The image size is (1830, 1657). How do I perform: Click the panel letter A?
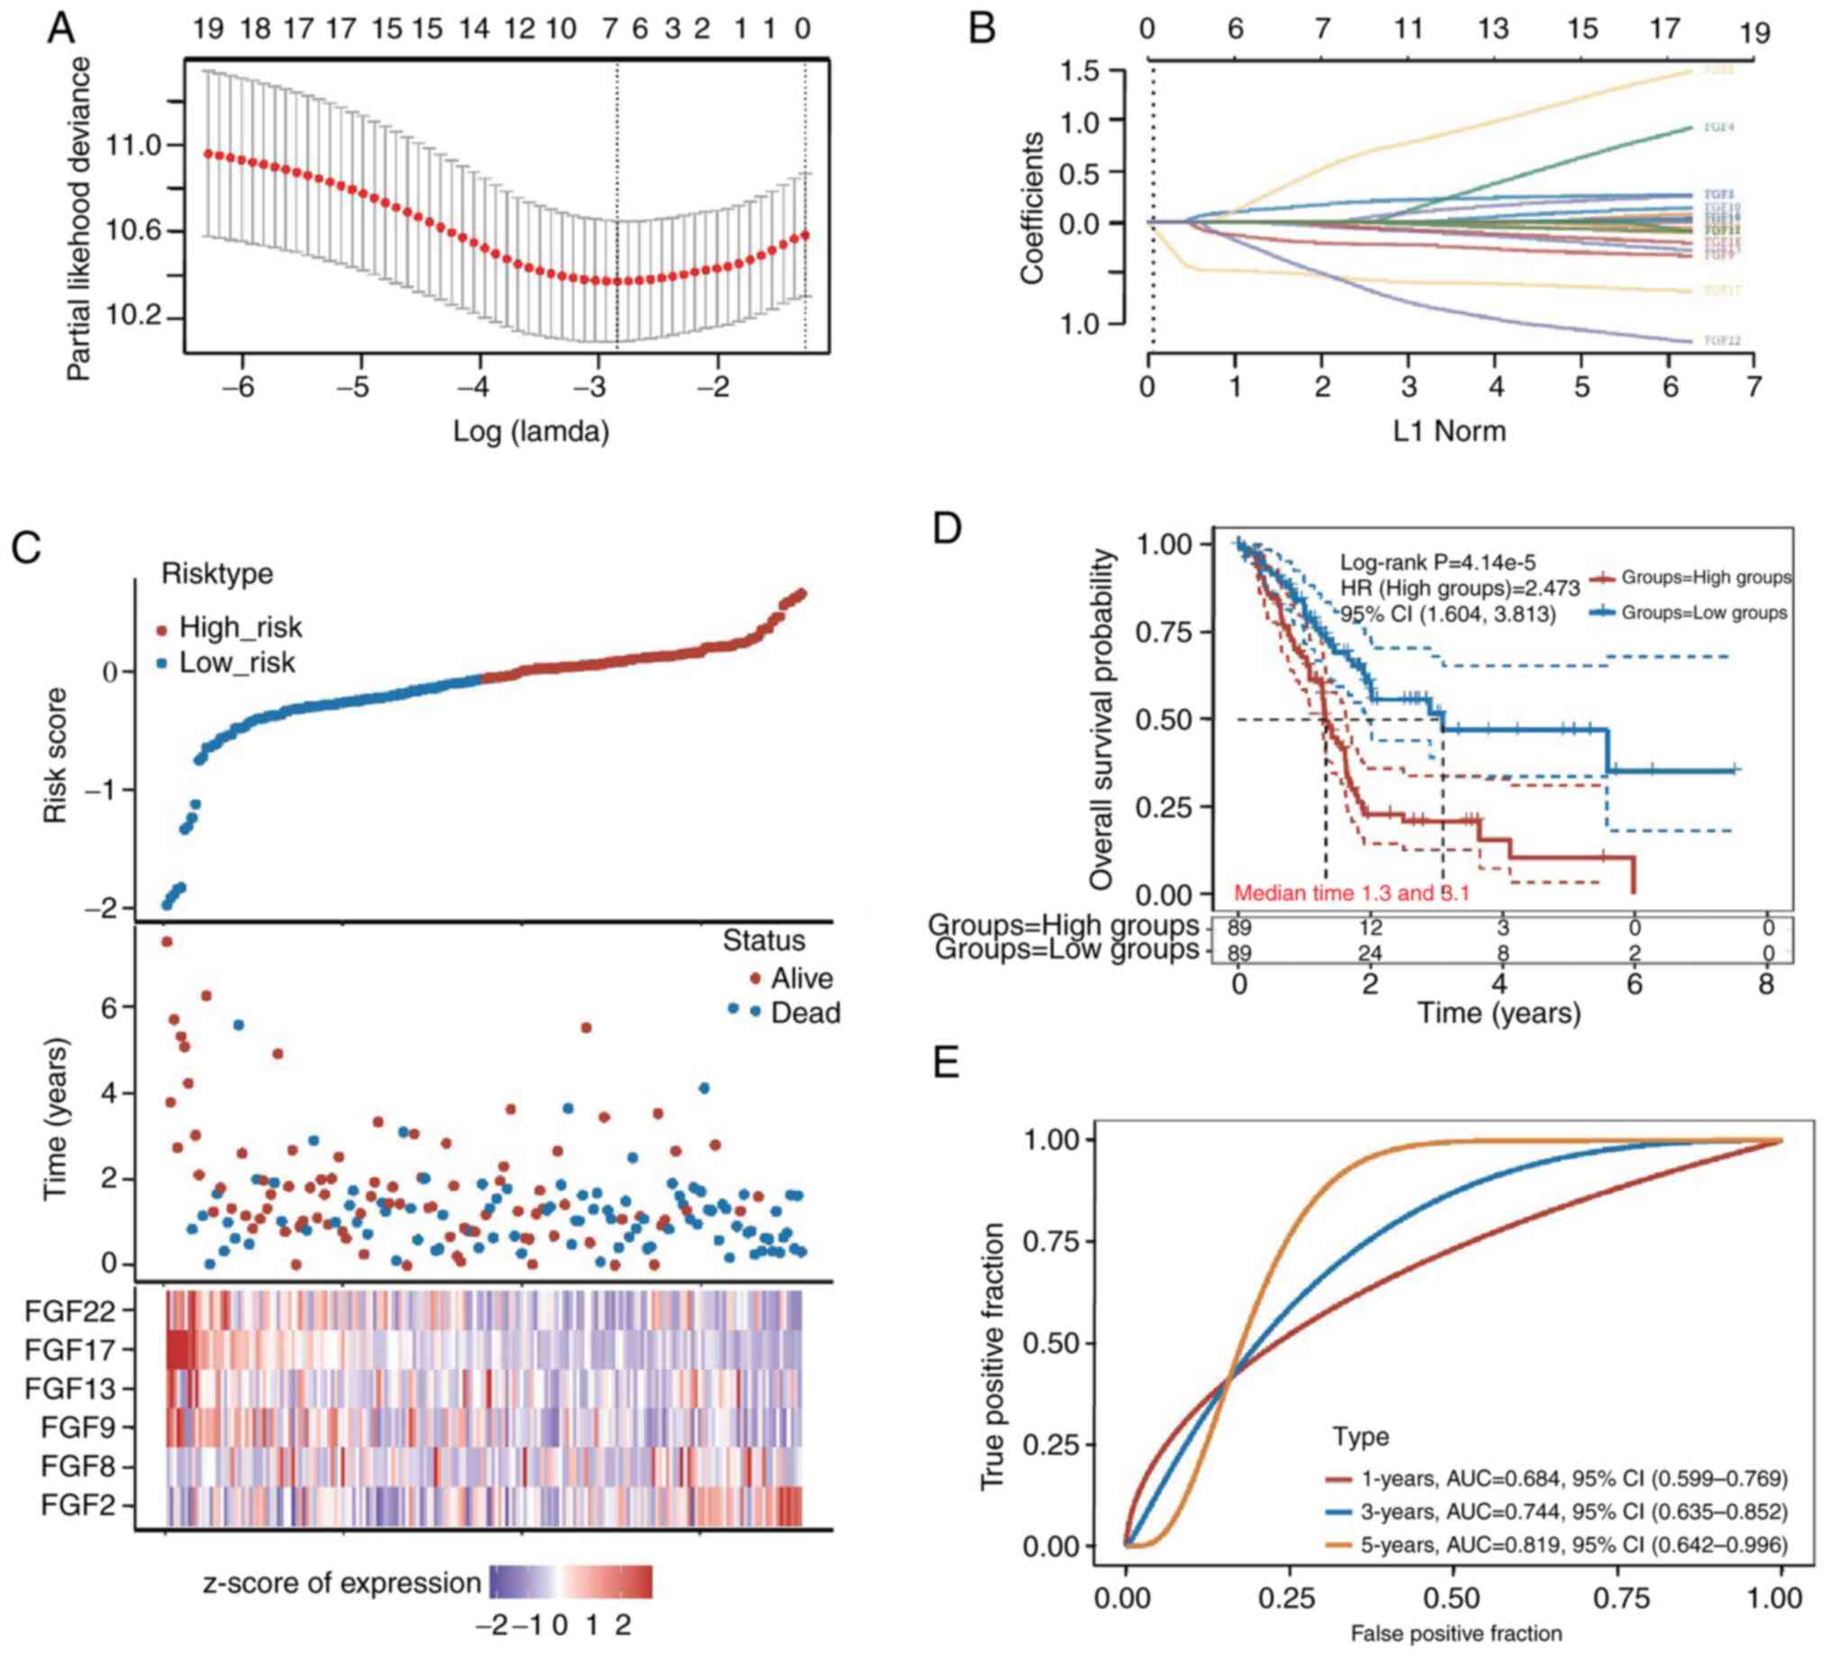pos(62,29)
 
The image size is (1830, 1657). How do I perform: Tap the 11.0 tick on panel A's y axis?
pos(132,145)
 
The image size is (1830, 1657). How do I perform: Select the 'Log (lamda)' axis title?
pos(531,431)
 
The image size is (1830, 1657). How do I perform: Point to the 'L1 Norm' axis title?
pos(1449,431)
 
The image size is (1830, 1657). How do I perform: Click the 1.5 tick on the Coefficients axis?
pos(1079,71)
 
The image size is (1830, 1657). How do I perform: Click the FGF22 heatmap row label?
pos(70,1311)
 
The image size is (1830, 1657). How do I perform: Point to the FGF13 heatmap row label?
pos(70,1389)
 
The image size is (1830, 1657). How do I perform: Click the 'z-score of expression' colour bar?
pos(570,1581)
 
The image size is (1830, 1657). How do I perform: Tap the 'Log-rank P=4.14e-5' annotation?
pos(1438,563)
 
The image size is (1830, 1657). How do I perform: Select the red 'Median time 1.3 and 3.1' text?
pos(1351,893)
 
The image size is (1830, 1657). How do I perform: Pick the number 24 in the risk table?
pos(1370,952)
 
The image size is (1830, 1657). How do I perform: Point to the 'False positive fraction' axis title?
pos(1456,1634)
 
